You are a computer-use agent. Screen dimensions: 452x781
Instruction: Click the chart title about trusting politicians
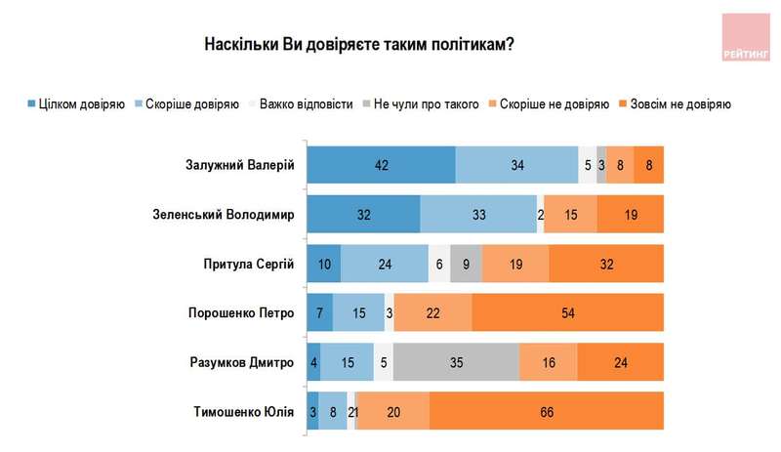359,45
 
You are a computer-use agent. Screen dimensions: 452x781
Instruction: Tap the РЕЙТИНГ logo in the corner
745,38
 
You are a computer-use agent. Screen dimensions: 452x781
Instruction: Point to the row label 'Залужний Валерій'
239,164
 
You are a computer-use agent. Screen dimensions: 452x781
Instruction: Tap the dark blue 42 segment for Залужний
382,164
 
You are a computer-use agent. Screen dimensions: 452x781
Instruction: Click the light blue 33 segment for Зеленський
478,214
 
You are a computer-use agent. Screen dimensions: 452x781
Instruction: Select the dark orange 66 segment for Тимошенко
547,411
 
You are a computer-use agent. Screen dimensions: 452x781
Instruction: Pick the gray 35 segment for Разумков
456,361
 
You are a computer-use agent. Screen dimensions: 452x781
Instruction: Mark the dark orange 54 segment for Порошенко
568,312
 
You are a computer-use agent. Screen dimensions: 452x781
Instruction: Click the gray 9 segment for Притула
467,263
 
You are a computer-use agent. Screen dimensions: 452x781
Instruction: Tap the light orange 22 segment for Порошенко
432,312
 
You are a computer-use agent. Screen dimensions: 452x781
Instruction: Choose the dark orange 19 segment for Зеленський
630,214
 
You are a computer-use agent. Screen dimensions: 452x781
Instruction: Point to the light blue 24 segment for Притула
385,263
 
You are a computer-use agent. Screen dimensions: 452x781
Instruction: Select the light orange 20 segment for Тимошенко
393,411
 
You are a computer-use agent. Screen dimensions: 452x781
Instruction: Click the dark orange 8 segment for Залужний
649,164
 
